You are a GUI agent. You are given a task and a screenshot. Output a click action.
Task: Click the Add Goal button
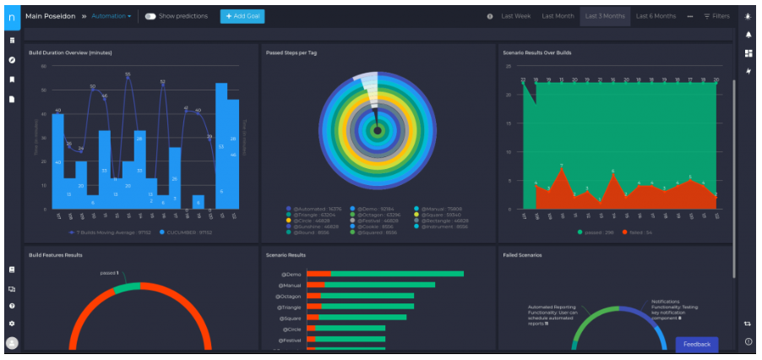click(x=242, y=16)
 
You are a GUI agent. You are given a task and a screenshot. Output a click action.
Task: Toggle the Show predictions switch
click(x=150, y=16)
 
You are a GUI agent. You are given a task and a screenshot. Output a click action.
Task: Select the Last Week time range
click(x=515, y=16)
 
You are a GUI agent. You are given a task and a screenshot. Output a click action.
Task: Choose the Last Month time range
click(x=558, y=16)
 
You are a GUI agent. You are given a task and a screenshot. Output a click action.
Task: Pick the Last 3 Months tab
click(x=605, y=16)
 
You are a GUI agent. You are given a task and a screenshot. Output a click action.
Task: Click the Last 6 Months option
click(x=656, y=16)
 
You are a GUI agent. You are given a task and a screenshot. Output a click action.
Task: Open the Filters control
click(x=717, y=16)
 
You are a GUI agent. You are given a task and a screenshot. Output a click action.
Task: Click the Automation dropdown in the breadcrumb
click(x=111, y=16)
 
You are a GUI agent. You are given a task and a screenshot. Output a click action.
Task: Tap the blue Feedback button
click(x=696, y=344)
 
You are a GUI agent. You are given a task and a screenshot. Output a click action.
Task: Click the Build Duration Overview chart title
click(x=70, y=53)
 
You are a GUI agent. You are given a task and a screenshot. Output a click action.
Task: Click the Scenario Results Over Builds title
click(x=536, y=53)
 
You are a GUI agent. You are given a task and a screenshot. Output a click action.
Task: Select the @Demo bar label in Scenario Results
click(x=290, y=274)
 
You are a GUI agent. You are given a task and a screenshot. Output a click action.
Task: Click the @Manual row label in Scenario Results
click(x=288, y=285)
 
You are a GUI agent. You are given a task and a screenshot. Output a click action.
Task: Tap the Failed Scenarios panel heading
click(x=521, y=254)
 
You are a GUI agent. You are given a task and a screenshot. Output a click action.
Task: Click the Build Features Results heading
click(x=56, y=254)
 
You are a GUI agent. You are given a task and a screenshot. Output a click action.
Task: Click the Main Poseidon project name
click(x=52, y=16)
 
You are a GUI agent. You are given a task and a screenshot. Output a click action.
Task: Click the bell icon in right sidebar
click(x=748, y=35)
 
